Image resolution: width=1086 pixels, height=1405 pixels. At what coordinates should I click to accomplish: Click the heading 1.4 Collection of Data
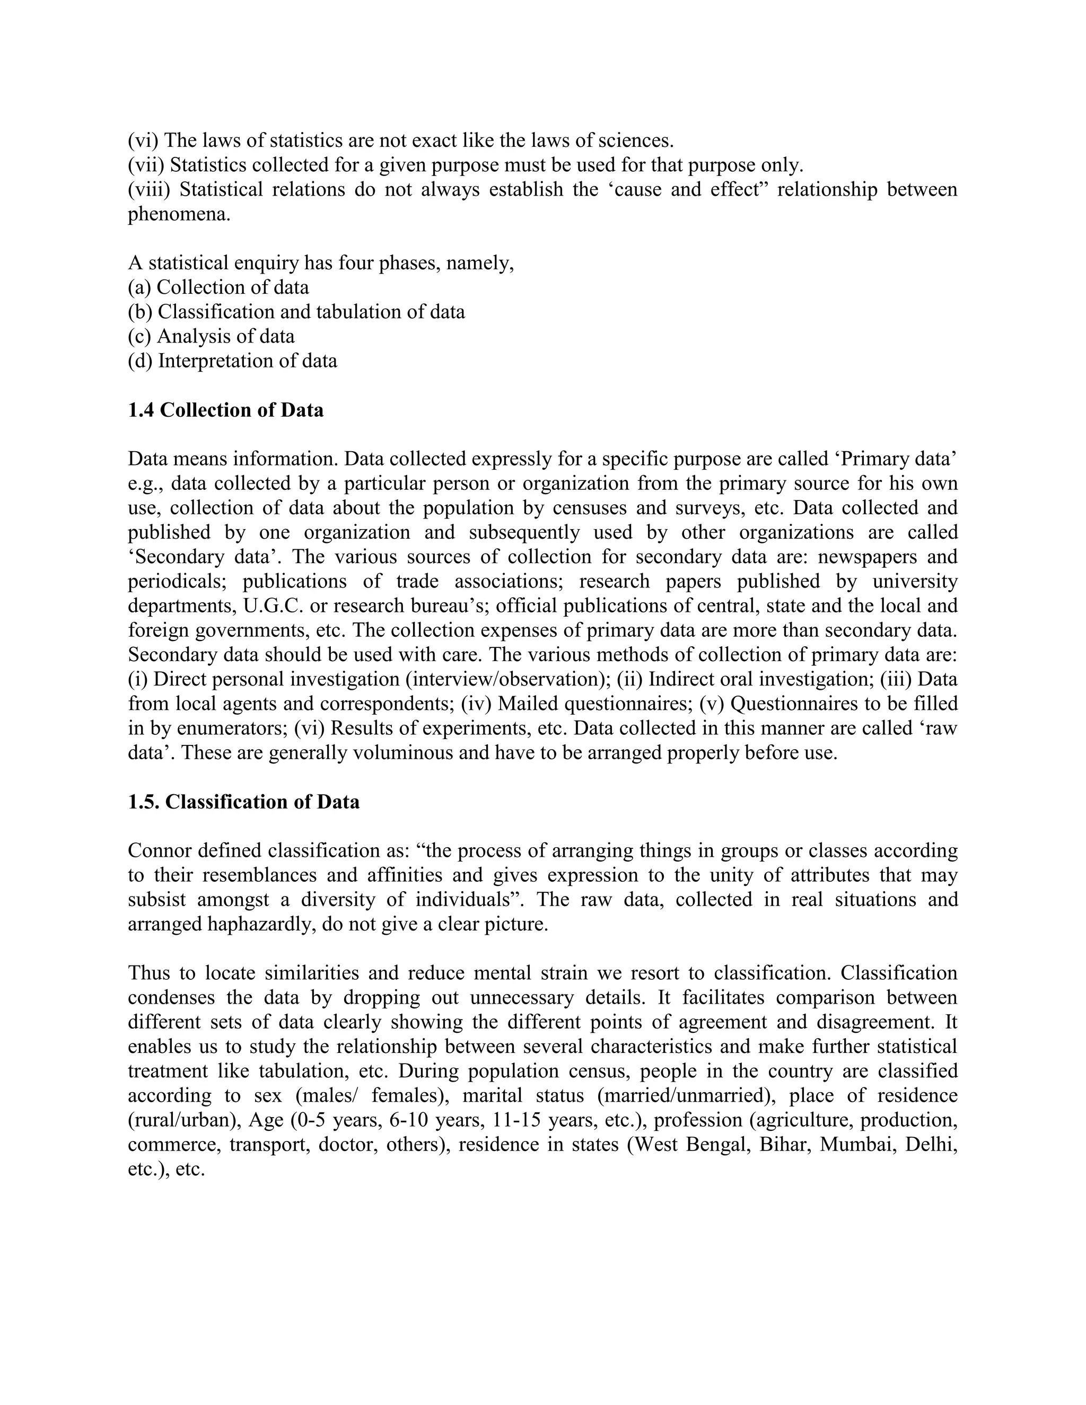(225, 410)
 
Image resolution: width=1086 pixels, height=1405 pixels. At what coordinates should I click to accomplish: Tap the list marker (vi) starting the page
(143, 140)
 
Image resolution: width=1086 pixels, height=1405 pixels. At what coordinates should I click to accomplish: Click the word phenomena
(178, 214)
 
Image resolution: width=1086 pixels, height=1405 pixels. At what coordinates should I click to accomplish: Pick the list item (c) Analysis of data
(211, 337)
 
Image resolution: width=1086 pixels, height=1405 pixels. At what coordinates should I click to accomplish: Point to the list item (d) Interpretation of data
(232, 361)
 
